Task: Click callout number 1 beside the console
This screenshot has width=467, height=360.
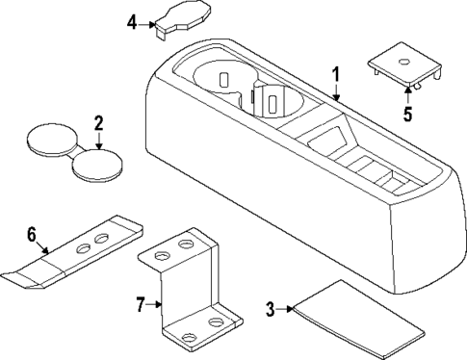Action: pyautogui.click(x=336, y=75)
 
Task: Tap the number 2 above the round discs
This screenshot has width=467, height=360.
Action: pyautogui.click(x=97, y=124)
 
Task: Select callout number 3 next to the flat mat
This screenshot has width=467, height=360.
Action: pyautogui.click(x=271, y=309)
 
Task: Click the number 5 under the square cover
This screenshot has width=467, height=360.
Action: pyautogui.click(x=407, y=113)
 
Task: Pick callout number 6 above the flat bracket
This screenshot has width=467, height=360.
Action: pyautogui.click(x=31, y=234)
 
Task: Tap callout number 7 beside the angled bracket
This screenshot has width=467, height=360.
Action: pyautogui.click(x=141, y=305)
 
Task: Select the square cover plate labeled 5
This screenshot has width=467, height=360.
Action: pyautogui.click(x=404, y=66)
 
